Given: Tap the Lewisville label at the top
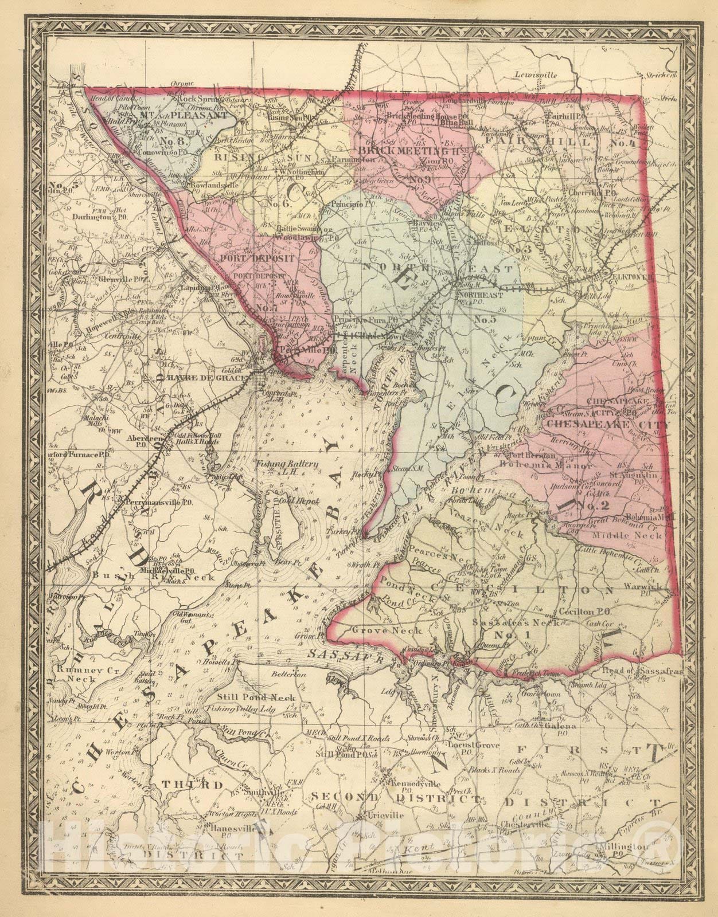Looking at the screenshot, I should (536, 75).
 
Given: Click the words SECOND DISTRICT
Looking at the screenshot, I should (396, 798).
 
